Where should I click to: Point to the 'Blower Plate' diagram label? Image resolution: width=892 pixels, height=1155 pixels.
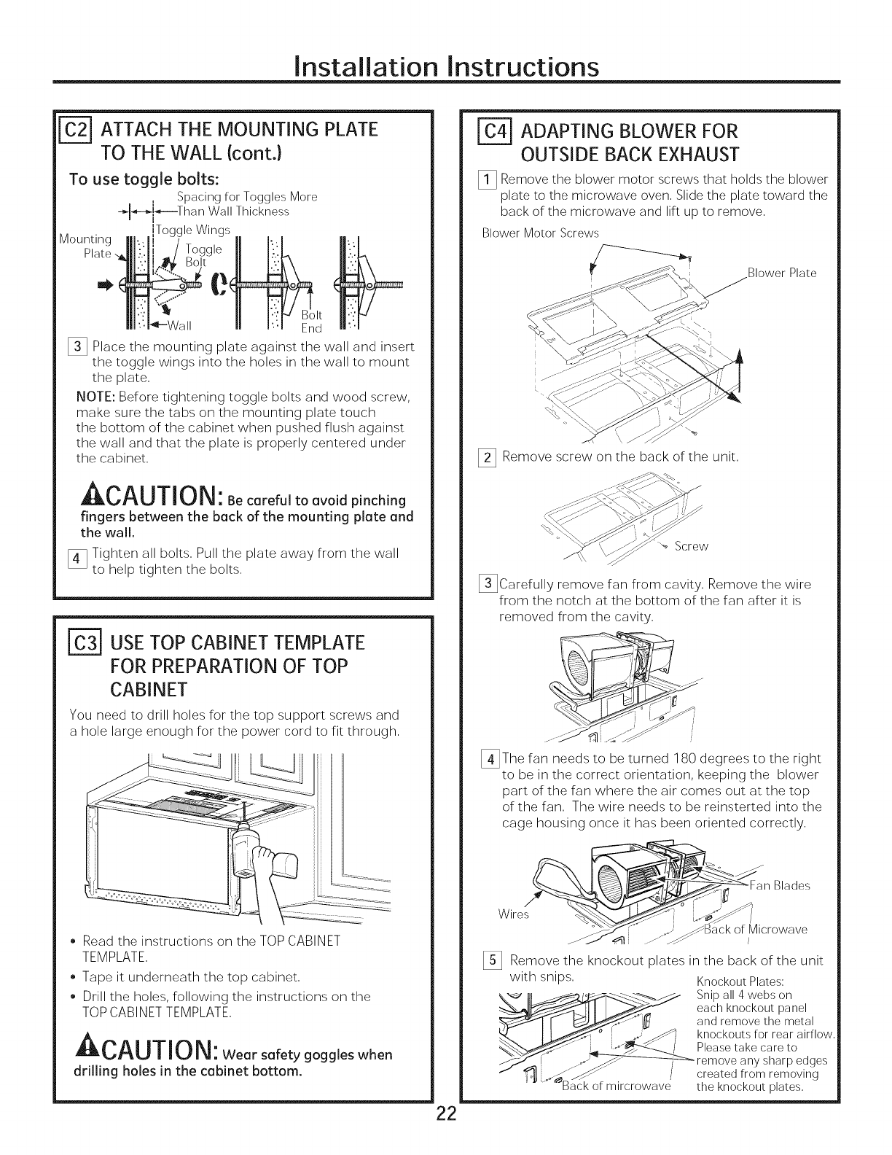pos(782,273)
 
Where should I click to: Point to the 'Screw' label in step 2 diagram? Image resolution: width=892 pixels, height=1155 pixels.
pos(690,546)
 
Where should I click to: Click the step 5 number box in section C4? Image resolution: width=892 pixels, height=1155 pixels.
pos(490,960)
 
